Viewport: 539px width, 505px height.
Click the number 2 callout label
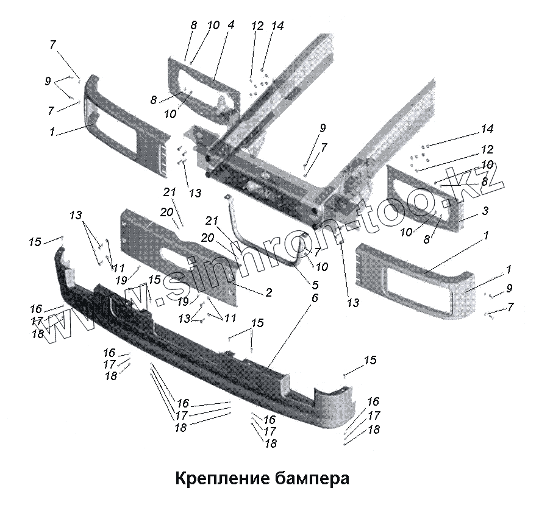pos(268,293)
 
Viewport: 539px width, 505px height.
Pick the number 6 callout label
pos(315,298)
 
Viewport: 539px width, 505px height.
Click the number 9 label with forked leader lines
pos(48,81)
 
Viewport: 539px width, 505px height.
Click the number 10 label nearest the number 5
pos(322,267)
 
